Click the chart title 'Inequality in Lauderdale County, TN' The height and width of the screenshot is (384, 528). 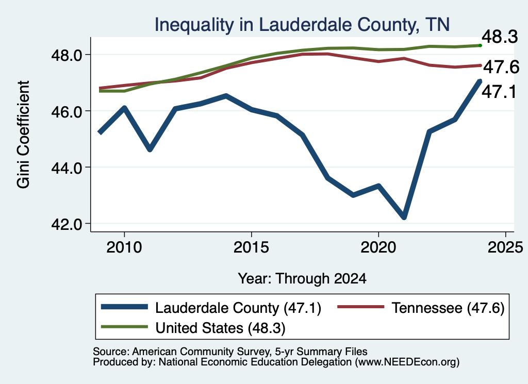coord(302,25)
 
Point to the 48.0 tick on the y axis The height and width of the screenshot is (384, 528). coord(67,55)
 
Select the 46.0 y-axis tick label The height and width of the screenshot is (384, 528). coord(67,111)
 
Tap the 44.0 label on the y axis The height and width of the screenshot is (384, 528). coord(67,168)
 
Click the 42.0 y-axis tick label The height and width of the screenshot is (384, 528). coord(67,224)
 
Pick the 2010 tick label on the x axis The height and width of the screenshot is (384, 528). coord(124,248)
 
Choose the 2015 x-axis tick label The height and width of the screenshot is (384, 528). coord(251,248)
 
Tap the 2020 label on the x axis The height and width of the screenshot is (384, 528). coord(378,248)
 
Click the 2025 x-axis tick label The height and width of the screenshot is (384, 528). coord(505,248)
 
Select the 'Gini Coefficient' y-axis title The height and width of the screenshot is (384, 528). coord(23,135)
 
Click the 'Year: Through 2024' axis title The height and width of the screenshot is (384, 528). coord(302,279)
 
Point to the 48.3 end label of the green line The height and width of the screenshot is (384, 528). coord(500,37)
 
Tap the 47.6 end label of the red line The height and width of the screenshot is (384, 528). coord(501,67)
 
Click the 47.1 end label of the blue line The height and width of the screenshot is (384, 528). coord(499,92)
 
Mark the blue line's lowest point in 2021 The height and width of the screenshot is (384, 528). coord(404,218)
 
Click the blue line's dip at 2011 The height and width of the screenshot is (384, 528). coord(150,149)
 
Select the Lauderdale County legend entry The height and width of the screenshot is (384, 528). coord(211,308)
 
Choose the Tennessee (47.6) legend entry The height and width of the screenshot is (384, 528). coord(421,308)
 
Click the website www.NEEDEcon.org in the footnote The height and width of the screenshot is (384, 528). coord(407,362)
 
